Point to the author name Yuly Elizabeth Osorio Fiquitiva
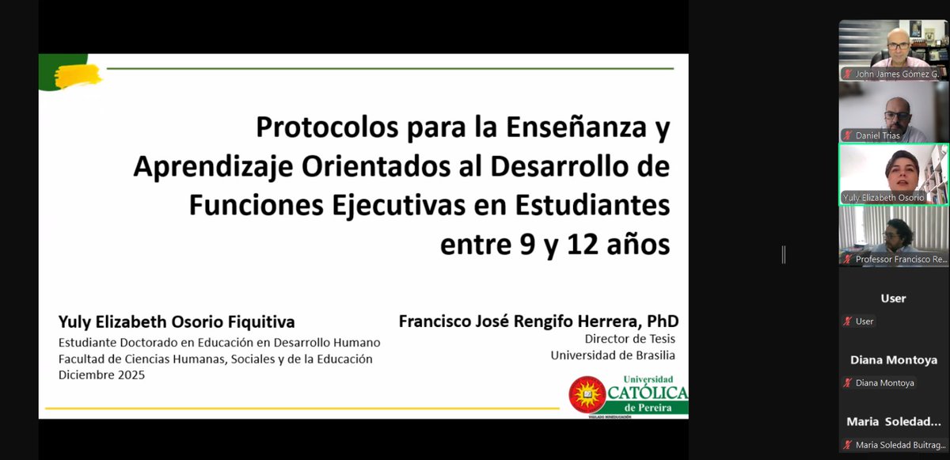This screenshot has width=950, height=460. click(177, 322)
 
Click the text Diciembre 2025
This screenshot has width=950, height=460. click(101, 375)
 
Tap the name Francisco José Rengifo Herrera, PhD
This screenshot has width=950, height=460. click(538, 322)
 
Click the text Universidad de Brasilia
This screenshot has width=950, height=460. click(613, 355)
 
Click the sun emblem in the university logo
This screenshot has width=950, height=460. click(587, 393)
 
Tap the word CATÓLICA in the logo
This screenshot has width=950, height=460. click(648, 392)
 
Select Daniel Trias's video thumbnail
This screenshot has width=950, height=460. click(892, 111)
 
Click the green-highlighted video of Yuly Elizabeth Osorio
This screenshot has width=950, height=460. click(893, 173)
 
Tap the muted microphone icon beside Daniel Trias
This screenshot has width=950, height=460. click(848, 135)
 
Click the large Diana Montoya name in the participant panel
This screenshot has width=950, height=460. click(893, 359)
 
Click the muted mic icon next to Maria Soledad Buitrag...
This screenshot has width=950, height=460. click(848, 444)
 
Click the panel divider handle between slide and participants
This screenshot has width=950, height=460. click(783, 254)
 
